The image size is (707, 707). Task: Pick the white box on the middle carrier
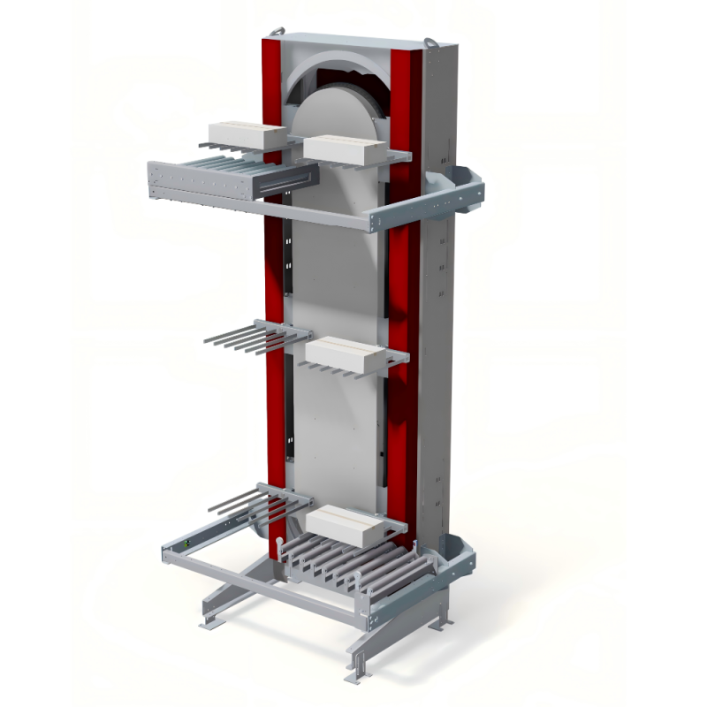346,353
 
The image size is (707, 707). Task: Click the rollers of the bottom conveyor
353,566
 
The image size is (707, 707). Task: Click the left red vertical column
273,265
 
